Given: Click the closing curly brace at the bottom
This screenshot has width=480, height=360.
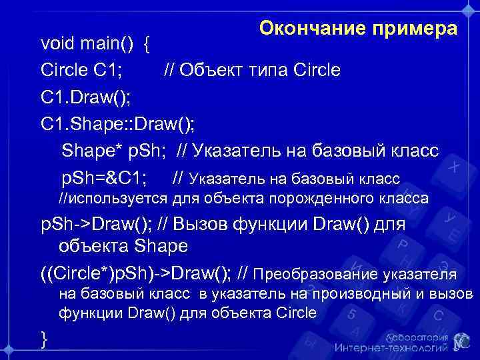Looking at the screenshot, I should click(x=44, y=339).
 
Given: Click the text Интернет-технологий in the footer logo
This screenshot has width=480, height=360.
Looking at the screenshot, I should click(x=391, y=348).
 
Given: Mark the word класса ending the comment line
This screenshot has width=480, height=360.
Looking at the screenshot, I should click(x=405, y=198).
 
